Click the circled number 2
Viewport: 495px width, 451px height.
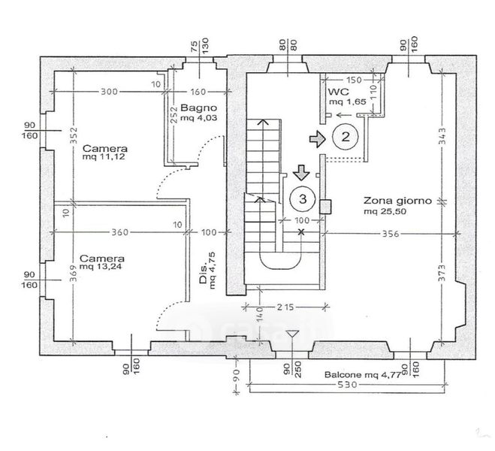[346, 137]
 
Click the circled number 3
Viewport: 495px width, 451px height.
[302, 198]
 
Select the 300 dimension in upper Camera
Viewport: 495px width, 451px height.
[110, 92]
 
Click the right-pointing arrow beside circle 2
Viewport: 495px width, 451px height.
[318, 138]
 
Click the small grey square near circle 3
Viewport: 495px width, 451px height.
[326, 205]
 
